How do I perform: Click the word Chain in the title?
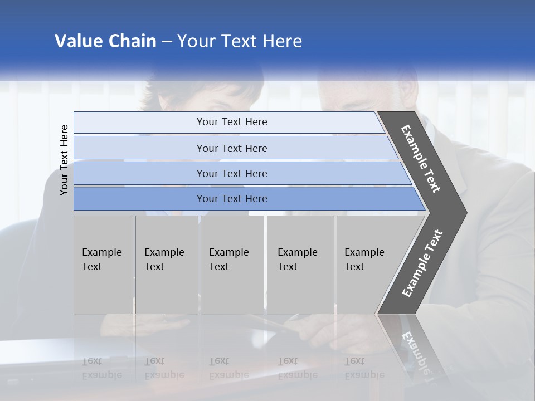click(x=133, y=41)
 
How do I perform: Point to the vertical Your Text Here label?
click(x=64, y=160)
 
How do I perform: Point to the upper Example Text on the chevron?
click(x=421, y=159)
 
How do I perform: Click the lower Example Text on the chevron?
click(x=422, y=263)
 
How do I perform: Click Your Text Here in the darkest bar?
click(x=232, y=199)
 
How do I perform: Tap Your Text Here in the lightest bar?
click(x=232, y=122)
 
